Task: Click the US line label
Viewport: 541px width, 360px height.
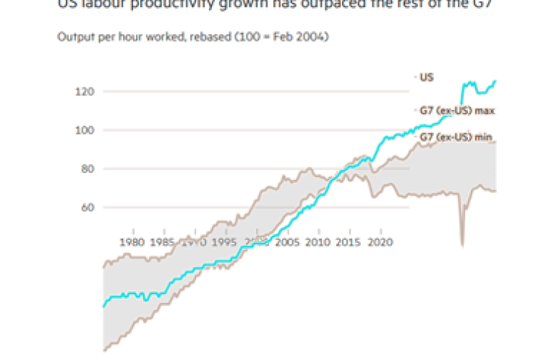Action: (x=426, y=77)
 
